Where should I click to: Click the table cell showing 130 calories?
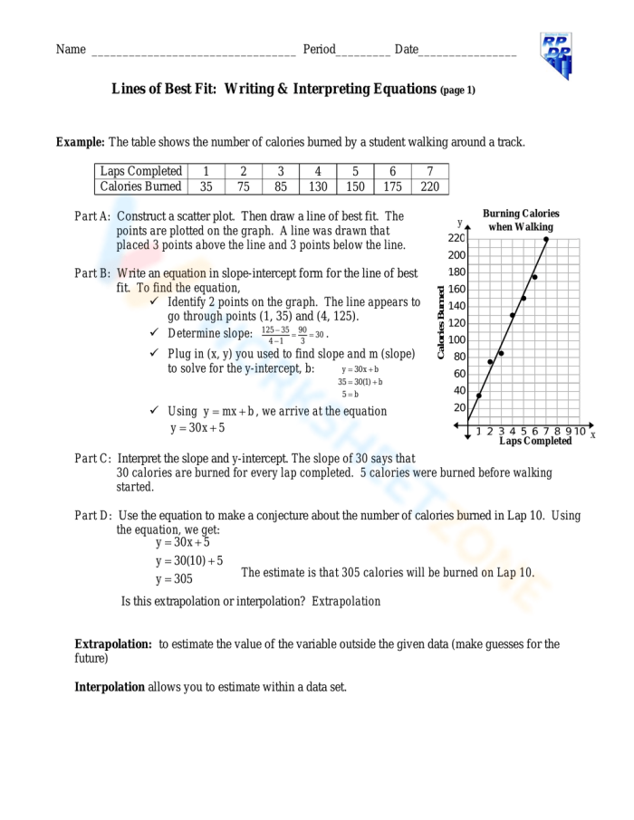tap(317, 186)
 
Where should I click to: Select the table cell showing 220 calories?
tap(429, 186)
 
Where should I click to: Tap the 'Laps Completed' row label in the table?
tap(140, 171)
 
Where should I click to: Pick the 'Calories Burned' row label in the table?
tap(140, 186)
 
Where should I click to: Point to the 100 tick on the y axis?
tap(457, 339)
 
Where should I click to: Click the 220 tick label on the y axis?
tap(456, 238)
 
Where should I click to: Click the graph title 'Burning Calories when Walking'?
tap(520, 220)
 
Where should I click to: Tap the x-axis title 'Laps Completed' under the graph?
tap(535, 442)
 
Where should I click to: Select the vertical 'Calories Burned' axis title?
tap(441, 322)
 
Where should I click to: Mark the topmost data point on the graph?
tap(546, 240)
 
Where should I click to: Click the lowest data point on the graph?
tap(479, 396)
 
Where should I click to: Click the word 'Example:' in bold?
tap(81, 142)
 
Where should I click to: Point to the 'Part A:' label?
tap(92, 216)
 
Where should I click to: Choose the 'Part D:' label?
tap(92, 515)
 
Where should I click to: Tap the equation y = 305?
tap(174, 579)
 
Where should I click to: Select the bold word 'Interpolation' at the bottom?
tap(110, 687)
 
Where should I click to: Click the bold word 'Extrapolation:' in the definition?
tap(113, 644)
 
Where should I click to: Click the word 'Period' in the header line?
tap(319, 49)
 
